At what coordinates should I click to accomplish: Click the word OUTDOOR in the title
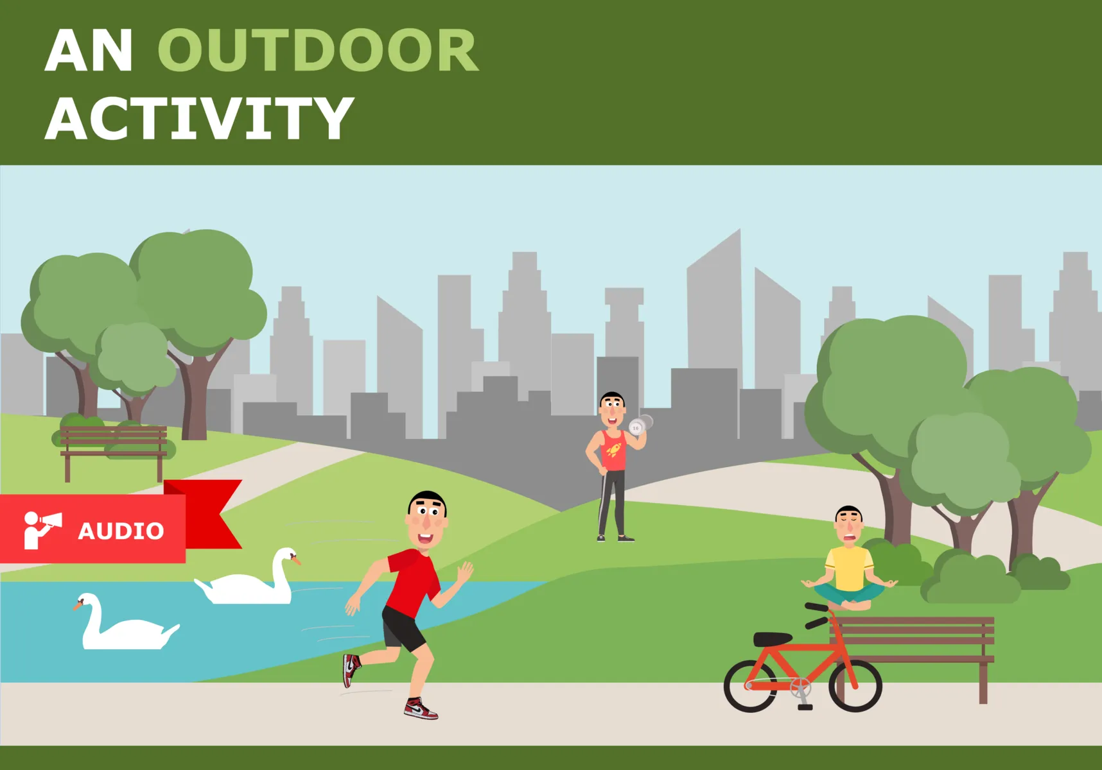coord(318,51)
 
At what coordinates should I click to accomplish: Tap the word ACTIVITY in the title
coord(199,119)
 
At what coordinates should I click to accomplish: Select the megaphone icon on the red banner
coord(42,529)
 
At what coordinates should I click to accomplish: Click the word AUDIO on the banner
coord(121,531)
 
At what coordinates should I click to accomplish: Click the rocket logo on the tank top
coord(614,449)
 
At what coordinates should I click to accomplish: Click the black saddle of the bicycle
coord(772,639)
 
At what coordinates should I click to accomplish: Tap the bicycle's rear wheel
coord(750,687)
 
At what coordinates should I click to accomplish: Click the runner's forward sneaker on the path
coord(421,709)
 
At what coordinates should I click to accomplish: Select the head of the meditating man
coord(848,524)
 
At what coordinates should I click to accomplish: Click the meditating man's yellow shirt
coord(849,568)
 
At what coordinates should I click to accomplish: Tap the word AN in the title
coord(89,51)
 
